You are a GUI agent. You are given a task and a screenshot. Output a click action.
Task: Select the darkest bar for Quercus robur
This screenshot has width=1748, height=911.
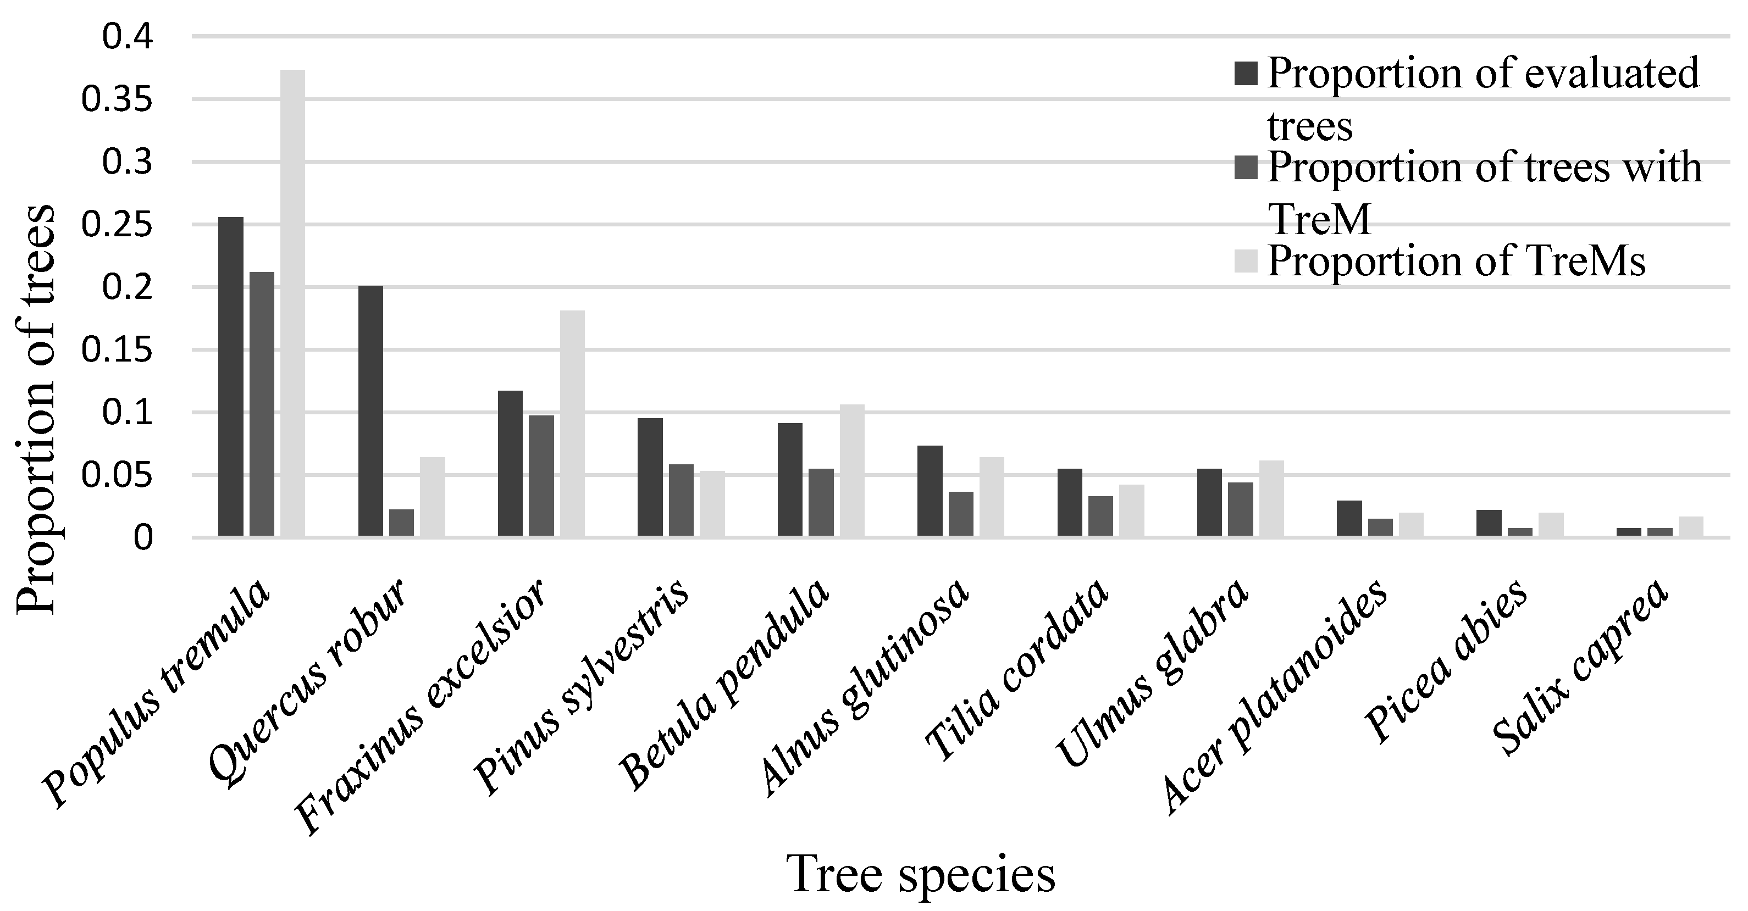click(370, 411)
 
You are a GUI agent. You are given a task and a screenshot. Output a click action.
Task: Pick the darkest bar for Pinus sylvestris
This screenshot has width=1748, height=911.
click(650, 477)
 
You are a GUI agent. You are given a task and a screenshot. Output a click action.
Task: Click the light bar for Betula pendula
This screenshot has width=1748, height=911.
click(852, 471)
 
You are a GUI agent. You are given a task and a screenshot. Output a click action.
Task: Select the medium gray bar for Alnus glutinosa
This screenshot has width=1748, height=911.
click(961, 514)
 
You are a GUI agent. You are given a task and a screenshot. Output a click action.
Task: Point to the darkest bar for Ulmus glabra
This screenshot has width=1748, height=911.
click(1209, 503)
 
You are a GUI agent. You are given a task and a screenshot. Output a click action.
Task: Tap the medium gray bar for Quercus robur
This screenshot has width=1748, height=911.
click(401, 523)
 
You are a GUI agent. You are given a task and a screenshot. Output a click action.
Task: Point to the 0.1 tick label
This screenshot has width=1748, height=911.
click(127, 413)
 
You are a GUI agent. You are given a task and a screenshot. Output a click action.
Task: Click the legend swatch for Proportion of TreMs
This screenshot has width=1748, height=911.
click(1246, 261)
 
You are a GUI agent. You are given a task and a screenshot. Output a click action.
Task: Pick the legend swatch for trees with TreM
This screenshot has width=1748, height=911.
click(1246, 168)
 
